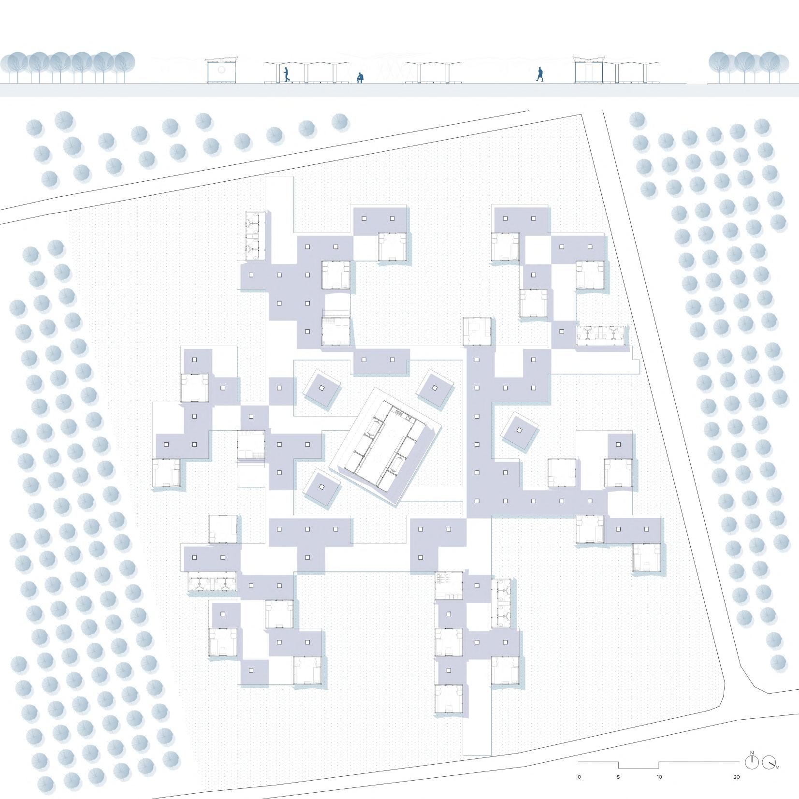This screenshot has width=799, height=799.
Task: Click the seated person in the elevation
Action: click(x=360, y=78)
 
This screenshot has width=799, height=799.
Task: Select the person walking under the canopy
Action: click(x=287, y=74)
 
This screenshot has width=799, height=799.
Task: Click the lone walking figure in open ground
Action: click(x=540, y=74)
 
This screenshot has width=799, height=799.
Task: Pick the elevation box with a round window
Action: click(x=221, y=71)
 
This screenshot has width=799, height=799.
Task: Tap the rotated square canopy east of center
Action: click(x=519, y=430)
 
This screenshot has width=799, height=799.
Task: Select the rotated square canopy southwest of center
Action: click(x=322, y=487)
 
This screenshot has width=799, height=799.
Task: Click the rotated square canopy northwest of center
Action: click(x=321, y=388)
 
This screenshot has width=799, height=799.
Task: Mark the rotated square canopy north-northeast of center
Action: click(x=436, y=388)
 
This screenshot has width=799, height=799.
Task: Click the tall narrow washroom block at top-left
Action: click(x=255, y=236)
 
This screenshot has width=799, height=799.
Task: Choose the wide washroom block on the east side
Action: click(x=600, y=335)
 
